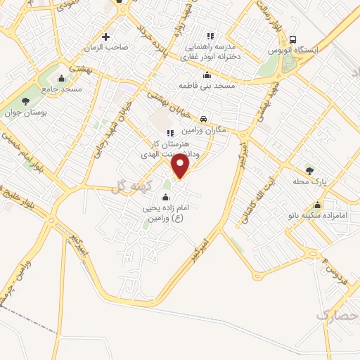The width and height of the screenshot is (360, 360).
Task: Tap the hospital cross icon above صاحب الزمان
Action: pyautogui.click(x=106, y=37)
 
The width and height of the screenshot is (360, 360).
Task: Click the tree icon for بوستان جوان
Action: pyautogui.click(x=26, y=101)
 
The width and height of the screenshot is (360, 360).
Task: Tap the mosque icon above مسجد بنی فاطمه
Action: pyautogui.click(x=206, y=75)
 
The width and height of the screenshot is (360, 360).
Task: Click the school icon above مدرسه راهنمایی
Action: pyautogui.click(x=209, y=36)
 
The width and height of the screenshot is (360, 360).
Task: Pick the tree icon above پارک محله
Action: pyautogui.click(x=309, y=170)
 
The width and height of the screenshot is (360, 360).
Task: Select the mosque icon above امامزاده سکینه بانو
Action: pyautogui.click(x=318, y=205)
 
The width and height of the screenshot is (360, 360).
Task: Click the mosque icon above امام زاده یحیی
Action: pyautogui.click(x=165, y=198)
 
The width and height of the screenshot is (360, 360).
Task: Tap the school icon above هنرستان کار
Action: pyautogui.click(x=169, y=132)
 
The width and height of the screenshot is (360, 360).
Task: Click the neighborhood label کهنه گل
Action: pyautogui.click(x=125, y=186)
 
